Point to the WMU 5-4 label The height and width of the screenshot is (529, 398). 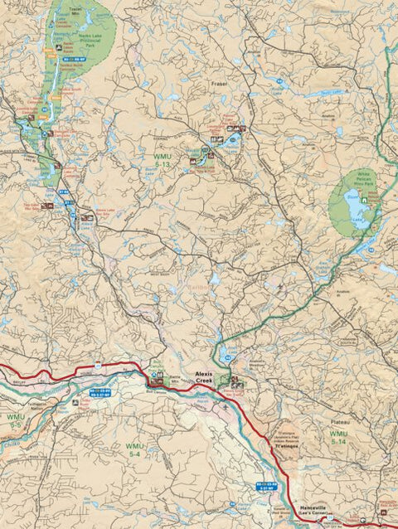tap(135, 450)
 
